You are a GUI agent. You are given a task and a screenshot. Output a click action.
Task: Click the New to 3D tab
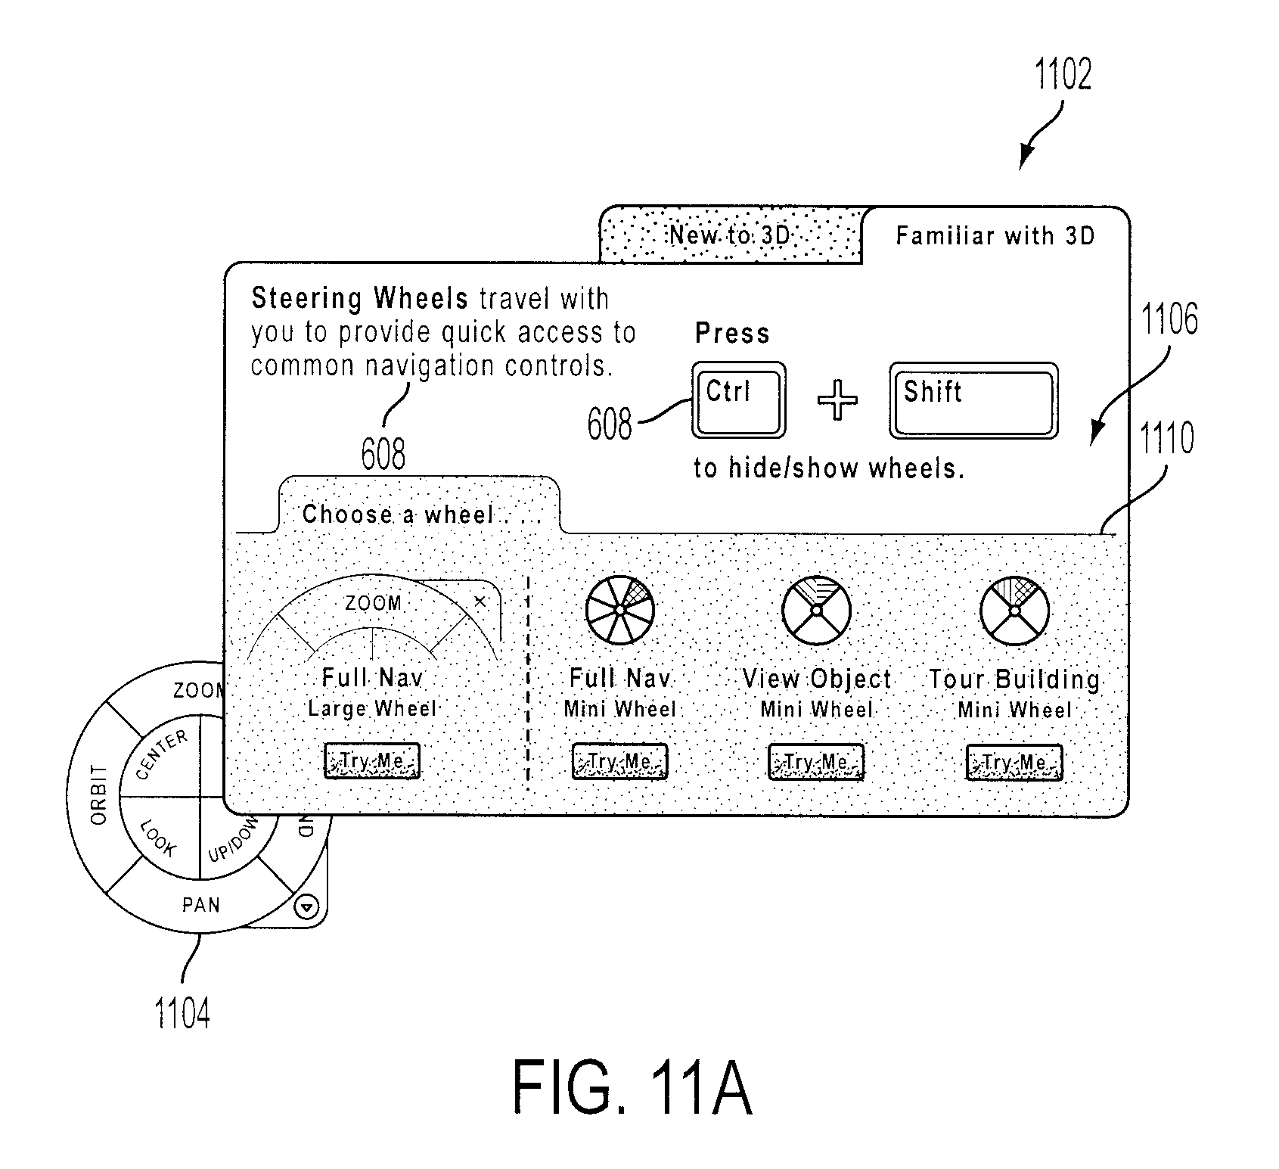pyautogui.click(x=731, y=235)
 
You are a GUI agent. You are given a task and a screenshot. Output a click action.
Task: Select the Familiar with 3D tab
pyautogui.click(x=995, y=235)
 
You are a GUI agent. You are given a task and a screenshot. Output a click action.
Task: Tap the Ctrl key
pyautogui.click(x=738, y=400)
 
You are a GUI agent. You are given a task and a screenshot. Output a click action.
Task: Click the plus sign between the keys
pyautogui.click(x=838, y=400)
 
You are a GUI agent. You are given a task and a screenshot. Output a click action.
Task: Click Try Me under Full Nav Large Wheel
pyautogui.click(x=371, y=760)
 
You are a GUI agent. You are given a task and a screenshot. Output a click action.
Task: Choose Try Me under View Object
pyautogui.click(x=815, y=762)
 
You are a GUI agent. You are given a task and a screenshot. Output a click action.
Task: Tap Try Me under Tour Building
pyautogui.click(x=1014, y=763)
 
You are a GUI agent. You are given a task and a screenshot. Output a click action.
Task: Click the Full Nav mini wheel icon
pyautogui.click(x=619, y=610)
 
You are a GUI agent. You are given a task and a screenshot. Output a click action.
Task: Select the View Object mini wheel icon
pyautogui.click(x=816, y=611)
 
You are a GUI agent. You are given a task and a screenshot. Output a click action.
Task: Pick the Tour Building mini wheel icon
pyautogui.click(x=1014, y=611)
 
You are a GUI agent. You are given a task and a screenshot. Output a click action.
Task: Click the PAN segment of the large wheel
pyautogui.click(x=200, y=904)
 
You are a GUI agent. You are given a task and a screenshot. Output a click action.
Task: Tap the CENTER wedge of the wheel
pyautogui.click(x=163, y=757)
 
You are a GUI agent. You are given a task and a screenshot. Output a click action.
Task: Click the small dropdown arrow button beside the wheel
pyautogui.click(x=308, y=906)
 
